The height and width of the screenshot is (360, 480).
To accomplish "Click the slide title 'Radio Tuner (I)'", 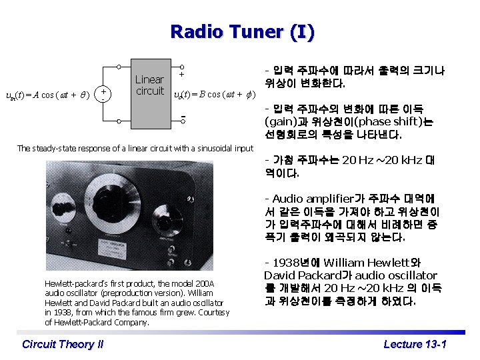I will click(242, 31).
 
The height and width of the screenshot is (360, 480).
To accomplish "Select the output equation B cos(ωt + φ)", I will click(214, 95).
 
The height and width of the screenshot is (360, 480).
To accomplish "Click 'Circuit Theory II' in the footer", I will click(63, 344).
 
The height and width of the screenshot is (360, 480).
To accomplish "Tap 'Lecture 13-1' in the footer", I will click(415, 344).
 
